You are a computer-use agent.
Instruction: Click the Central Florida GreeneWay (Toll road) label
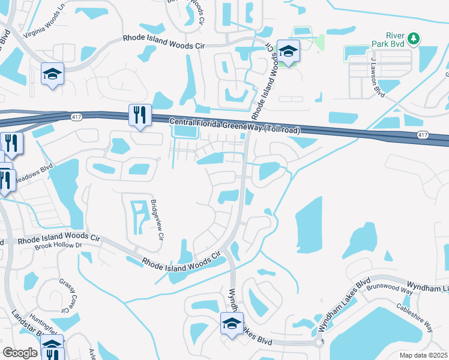pos(235,125)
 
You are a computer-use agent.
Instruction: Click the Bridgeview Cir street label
pos(157,219)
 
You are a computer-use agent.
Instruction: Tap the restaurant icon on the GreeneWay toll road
pos(140,115)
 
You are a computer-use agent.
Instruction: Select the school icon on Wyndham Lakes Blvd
pos(231,323)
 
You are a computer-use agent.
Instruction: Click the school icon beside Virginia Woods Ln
pos(52,74)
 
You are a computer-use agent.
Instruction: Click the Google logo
pos(20,353)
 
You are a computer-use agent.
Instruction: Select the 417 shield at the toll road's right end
pos(422,135)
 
